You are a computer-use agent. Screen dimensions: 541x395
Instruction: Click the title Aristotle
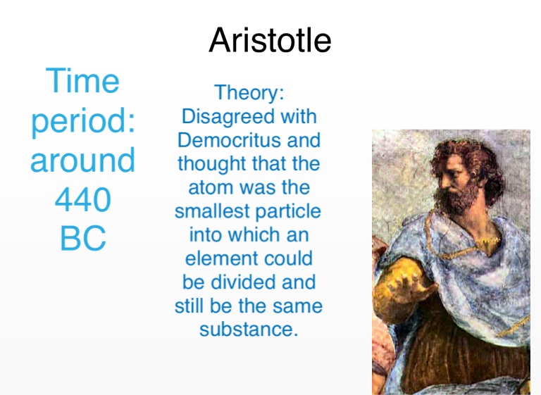[270, 40]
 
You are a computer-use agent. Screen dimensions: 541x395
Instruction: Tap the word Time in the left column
[82, 80]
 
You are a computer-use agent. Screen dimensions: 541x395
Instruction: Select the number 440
[83, 199]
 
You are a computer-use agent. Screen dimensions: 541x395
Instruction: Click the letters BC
[83, 238]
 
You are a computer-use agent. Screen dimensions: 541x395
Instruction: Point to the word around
[82, 160]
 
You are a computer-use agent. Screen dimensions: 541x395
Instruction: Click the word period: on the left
[83, 121]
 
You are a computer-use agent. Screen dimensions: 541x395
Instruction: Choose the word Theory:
[249, 92]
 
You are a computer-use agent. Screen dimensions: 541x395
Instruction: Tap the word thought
[212, 164]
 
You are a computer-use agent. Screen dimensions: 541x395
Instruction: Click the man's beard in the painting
[456, 197]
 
